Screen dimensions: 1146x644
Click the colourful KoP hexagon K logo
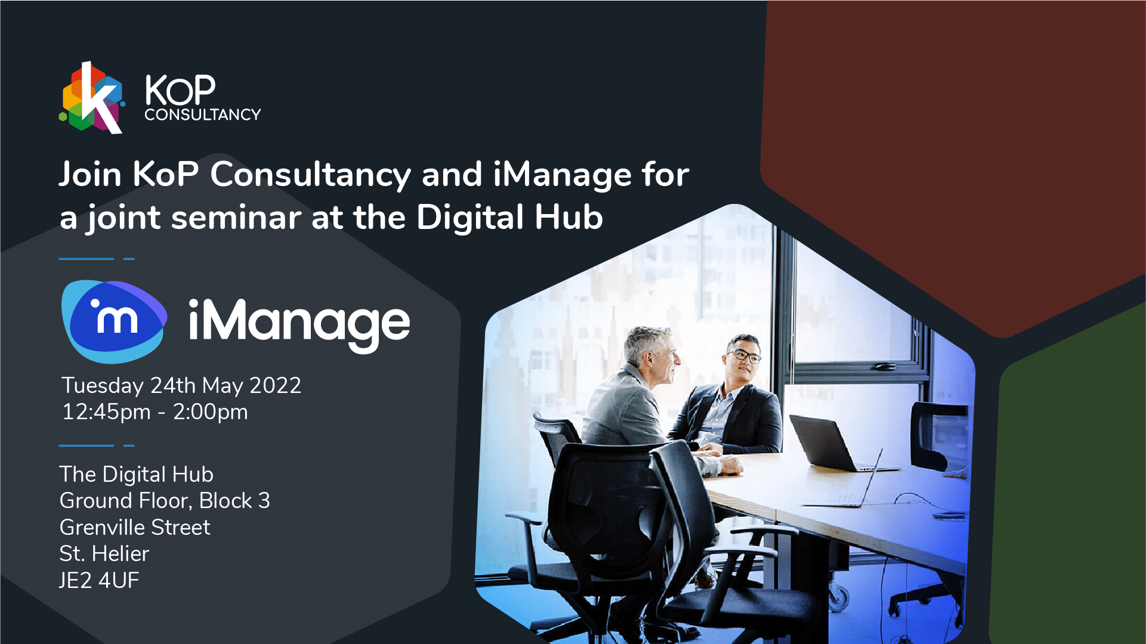point(92,98)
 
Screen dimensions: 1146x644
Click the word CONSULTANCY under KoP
point(203,114)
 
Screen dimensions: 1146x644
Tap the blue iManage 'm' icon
point(114,321)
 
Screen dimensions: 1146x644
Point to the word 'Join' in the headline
point(90,174)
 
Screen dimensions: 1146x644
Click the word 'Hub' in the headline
point(569,217)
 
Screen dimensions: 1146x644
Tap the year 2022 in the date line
point(275,386)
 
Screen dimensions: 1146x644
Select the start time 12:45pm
point(106,412)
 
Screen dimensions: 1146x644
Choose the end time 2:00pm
point(210,412)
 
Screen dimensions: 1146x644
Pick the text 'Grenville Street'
point(135,527)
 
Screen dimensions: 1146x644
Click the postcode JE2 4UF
point(99,580)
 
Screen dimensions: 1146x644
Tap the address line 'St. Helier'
point(104,554)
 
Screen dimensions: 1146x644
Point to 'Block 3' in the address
point(234,501)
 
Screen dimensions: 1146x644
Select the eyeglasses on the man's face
point(743,355)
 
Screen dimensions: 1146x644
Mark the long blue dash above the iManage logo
point(86,259)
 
